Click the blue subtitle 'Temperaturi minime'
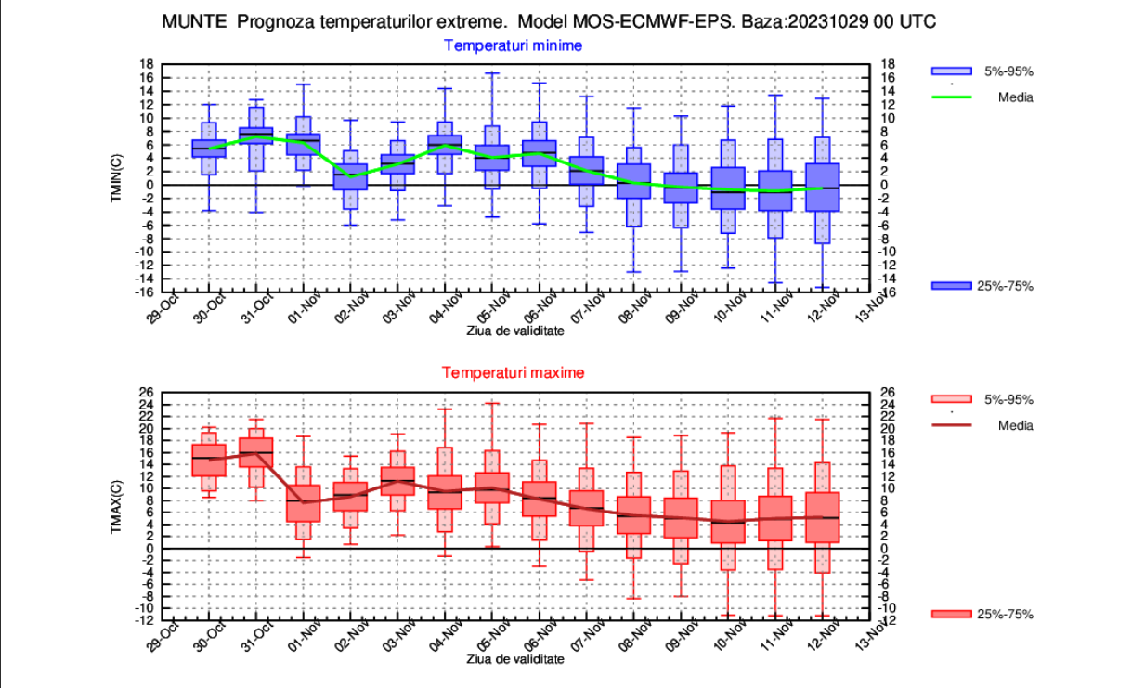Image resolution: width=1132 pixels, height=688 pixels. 513,45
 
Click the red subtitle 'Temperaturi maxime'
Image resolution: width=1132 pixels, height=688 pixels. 513,372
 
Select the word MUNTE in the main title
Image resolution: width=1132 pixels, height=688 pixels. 194,21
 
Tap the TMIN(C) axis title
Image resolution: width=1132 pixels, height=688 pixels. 117,177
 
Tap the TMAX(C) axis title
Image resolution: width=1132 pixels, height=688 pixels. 117,506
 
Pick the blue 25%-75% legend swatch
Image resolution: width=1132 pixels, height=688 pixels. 951,286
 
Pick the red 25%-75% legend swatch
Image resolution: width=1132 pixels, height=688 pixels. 951,615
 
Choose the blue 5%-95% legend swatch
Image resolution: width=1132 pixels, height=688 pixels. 951,71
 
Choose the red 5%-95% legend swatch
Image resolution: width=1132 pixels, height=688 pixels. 951,400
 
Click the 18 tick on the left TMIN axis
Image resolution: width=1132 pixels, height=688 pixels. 147,64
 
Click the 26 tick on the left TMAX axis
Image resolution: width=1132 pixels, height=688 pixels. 146,393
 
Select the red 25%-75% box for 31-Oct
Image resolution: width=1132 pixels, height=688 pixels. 256,451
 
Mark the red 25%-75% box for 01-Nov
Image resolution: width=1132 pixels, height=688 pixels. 304,502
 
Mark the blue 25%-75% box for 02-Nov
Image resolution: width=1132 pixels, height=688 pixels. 351,176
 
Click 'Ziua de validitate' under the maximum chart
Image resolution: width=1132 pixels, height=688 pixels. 514,658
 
